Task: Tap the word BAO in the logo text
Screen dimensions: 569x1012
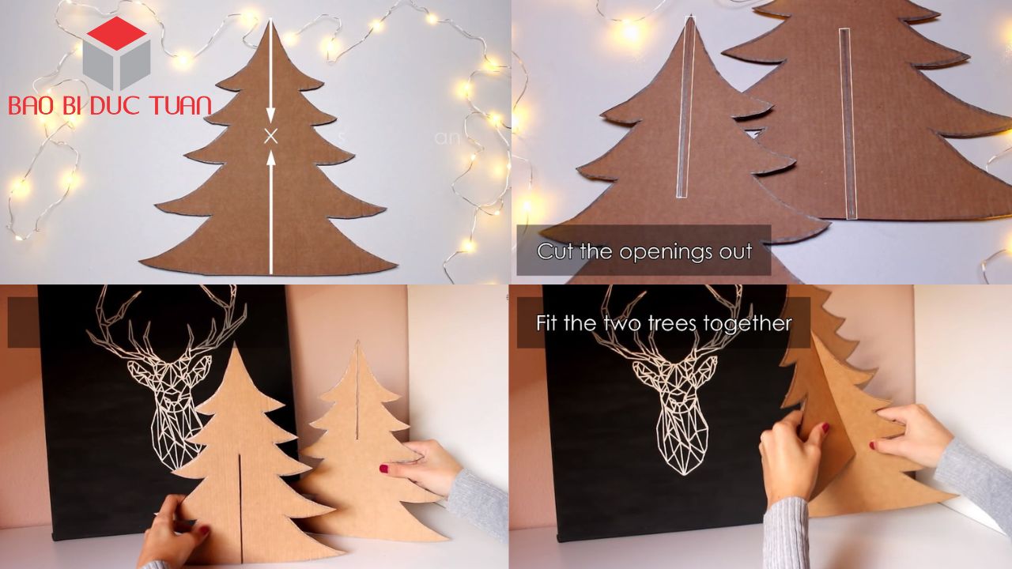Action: [30, 105]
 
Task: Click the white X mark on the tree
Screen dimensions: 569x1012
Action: [270, 136]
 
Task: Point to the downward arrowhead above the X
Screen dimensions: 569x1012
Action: [270, 115]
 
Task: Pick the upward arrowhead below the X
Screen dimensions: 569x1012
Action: [270, 157]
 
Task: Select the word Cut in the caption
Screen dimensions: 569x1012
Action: [553, 251]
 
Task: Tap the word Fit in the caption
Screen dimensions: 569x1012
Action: [549, 323]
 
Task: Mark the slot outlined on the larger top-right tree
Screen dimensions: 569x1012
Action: [847, 122]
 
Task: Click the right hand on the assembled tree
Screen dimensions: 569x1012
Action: [909, 435]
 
